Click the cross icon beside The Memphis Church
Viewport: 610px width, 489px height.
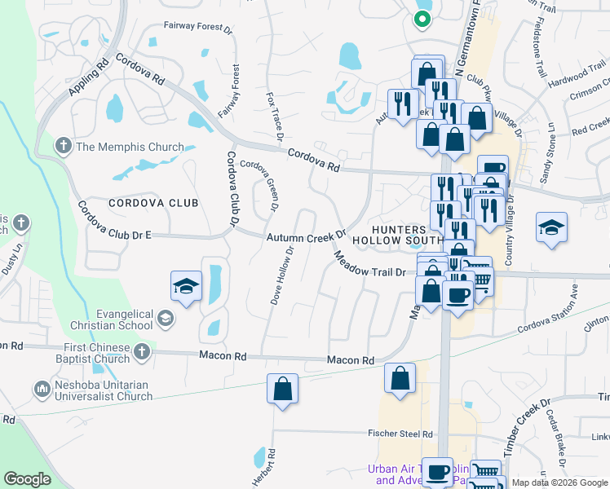pyautogui.click(x=62, y=147)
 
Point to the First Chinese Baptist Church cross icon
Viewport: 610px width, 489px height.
pyautogui.click(x=141, y=351)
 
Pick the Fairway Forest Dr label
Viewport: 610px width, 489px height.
pyautogui.click(x=197, y=26)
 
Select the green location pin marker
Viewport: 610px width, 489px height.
pyautogui.click(x=422, y=18)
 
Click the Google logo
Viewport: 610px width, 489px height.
pyautogui.click(x=28, y=479)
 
